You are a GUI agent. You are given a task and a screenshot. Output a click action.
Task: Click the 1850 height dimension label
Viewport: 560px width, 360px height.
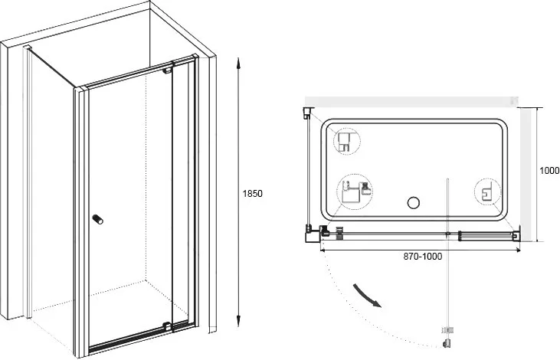click(x=253, y=194)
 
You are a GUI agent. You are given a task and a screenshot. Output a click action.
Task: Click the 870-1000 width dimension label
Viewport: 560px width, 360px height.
click(x=423, y=256)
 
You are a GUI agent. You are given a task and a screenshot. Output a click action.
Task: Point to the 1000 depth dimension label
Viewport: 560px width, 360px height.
click(x=549, y=171)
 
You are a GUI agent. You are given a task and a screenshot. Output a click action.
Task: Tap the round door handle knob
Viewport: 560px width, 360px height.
click(x=97, y=219)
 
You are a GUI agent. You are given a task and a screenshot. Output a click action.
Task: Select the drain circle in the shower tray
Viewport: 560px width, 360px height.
click(x=413, y=203)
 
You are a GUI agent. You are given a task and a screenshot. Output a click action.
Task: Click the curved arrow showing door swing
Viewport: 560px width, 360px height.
click(x=367, y=296)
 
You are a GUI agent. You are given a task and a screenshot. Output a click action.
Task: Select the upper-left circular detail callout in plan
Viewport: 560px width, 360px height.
click(x=347, y=142)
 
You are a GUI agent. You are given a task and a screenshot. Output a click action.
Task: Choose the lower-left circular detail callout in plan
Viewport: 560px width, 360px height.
click(x=354, y=192)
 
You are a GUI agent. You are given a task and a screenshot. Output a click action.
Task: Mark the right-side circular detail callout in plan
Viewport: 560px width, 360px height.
click(x=487, y=192)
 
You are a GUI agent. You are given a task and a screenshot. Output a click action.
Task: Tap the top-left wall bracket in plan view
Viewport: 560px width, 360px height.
click(x=308, y=112)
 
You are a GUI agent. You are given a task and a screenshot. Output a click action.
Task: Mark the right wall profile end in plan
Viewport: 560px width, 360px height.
click(x=516, y=234)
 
